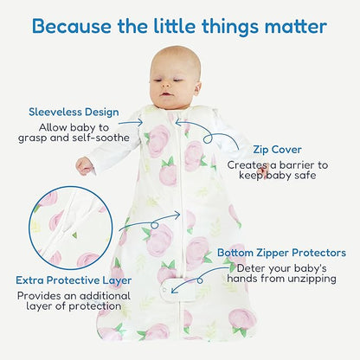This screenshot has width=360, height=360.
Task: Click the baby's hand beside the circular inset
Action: click(x=84, y=164)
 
